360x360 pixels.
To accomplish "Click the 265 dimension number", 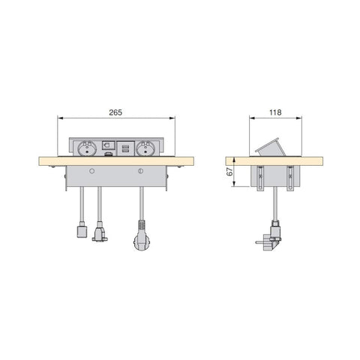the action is [115, 112].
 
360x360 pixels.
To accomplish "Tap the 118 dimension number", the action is [275, 112].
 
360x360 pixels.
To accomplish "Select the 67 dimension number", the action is [229, 172].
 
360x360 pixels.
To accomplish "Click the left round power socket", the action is [86, 148].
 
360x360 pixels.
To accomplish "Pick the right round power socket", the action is [145, 148].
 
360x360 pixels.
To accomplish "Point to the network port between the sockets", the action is [108, 145].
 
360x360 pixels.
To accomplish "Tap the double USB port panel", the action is [125, 149].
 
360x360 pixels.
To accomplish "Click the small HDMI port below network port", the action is [108, 154].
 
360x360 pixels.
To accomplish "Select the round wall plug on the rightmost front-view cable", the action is [142, 241].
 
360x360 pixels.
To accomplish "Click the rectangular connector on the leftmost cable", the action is [82, 232].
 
